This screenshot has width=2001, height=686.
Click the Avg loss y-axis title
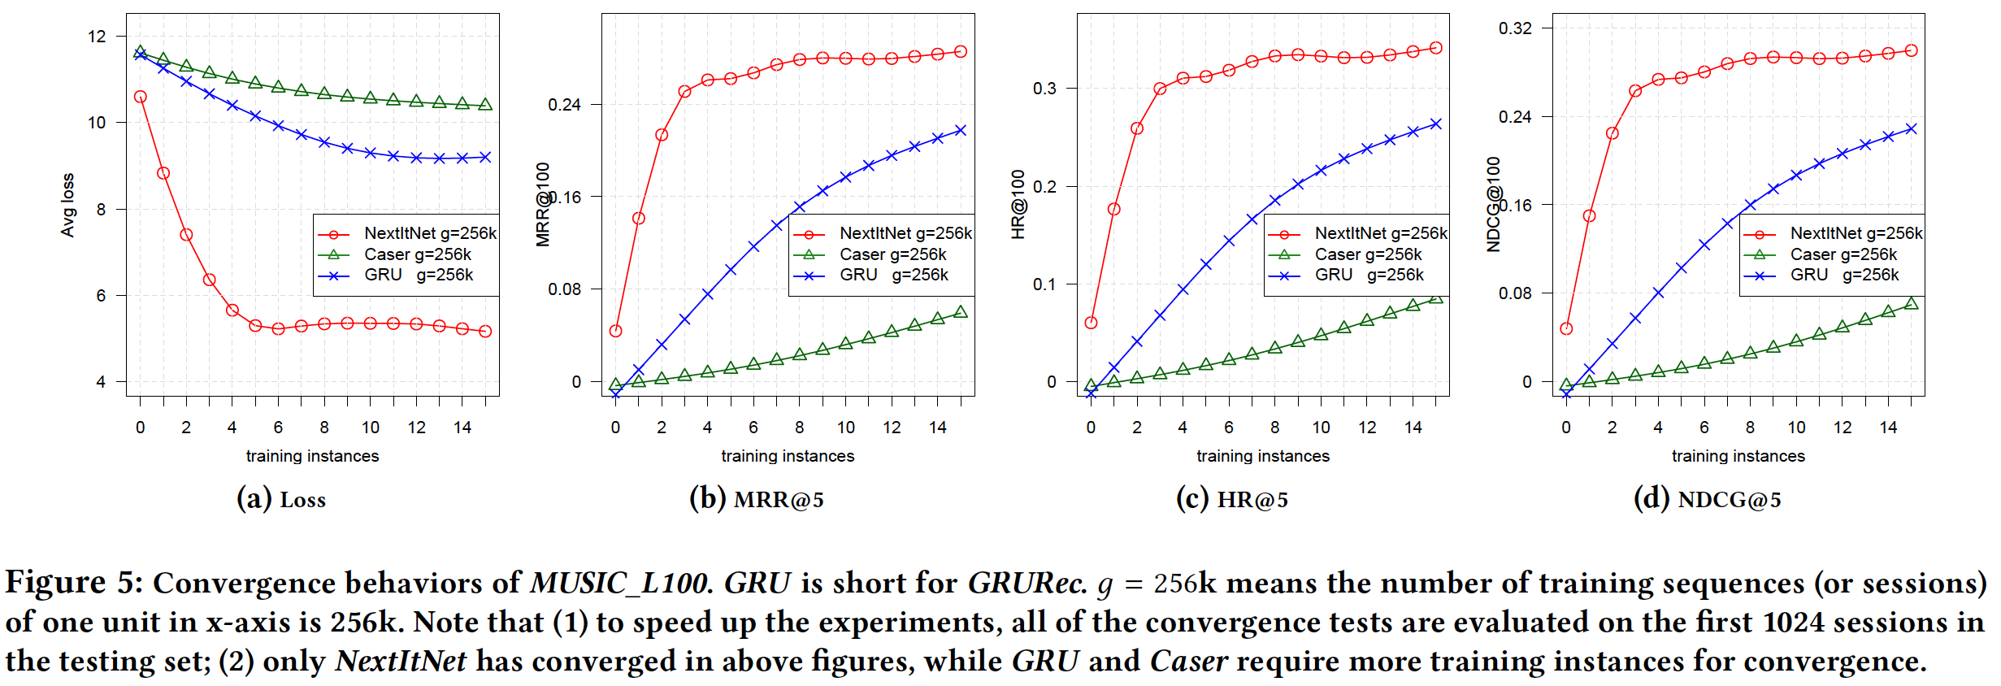pyautogui.click(x=67, y=205)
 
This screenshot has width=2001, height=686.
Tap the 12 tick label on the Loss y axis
pyautogui.click(x=97, y=37)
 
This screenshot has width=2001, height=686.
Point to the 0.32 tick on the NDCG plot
pyautogui.click(x=1515, y=28)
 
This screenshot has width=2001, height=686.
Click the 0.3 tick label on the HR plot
pyautogui.click(x=1044, y=88)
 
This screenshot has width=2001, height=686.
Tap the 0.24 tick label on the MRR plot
pyautogui.click(x=564, y=105)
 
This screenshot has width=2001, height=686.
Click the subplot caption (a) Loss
pyautogui.click(x=281, y=499)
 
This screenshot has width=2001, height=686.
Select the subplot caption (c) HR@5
pyautogui.click(x=1232, y=499)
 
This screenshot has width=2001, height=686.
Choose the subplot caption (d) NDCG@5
pyautogui.click(x=1707, y=499)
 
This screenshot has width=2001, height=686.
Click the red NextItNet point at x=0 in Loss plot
pyautogui.click(x=141, y=97)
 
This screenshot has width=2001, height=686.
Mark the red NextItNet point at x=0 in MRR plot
pyautogui.click(x=615, y=331)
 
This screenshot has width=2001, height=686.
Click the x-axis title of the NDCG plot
pyautogui.click(x=1738, y=456)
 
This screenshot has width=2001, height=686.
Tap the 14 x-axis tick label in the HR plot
pyautogui.click(x=1413, y=428)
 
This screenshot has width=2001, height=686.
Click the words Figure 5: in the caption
pyautogui.click(x=74, y=583)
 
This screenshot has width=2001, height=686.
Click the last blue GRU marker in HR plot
pyautogui.click(x=1435, y=124)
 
